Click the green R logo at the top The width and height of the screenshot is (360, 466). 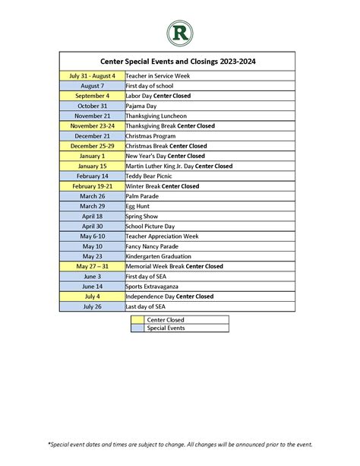click(x=179, y=33)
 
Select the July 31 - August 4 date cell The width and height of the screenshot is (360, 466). click(x=92, y=76)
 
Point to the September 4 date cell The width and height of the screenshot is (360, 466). click(x=92, y=97)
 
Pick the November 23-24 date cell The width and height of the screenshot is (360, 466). click(x=92, y=126)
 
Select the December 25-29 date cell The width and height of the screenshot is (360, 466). click(x=92, y=146)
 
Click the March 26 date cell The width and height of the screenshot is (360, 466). click(x=92, y=196)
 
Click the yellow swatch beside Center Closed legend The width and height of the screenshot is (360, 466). click(x=137, y=320)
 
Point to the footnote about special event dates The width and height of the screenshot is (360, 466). click(x=180, y=444)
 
